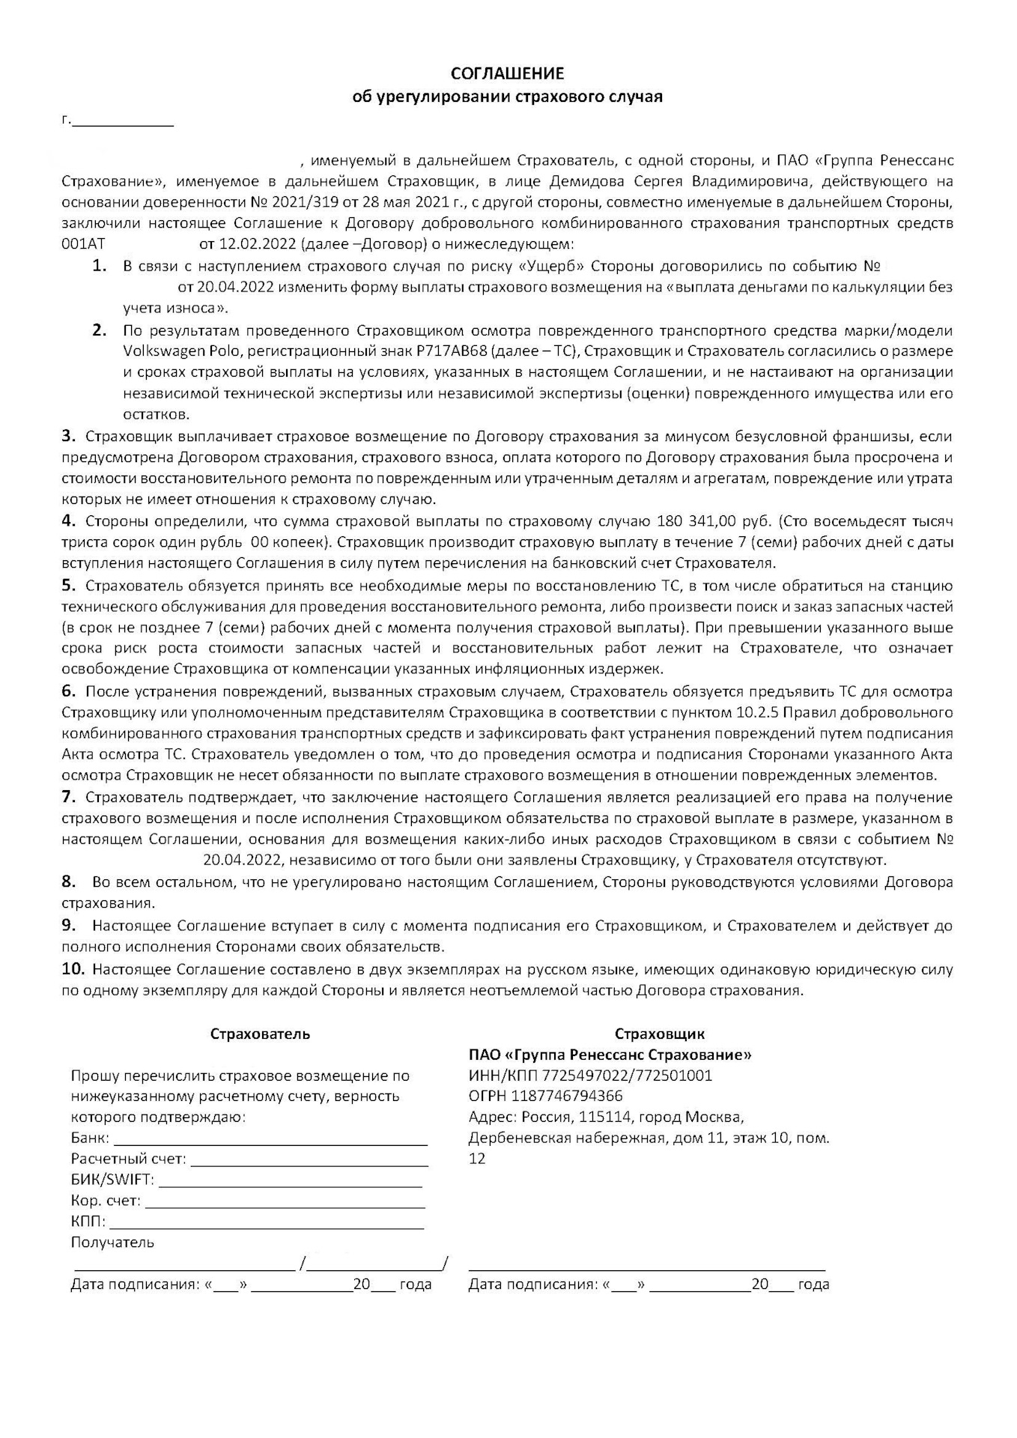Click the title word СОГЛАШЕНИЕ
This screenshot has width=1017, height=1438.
(507, 73)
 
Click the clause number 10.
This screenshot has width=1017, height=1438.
(73, 969)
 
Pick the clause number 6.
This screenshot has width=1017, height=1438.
(68, 691)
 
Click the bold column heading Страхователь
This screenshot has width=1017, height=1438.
(260, 1034)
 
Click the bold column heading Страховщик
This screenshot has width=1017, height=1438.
(659, 1034)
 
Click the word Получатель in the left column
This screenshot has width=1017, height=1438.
(112, 1243)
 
